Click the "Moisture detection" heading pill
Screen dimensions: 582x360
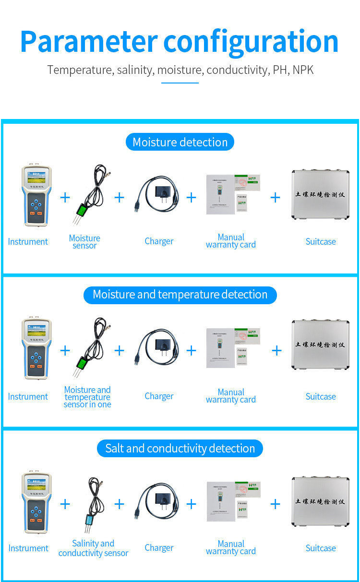pyautogui.click(x=180, y=142)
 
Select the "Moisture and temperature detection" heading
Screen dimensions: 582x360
pyautogui.click(x=180, y=295)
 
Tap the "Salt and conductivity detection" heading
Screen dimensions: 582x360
pyautogui.click(x=180, y=449)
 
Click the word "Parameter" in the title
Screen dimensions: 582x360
pyautogui.click(x=89, y=42)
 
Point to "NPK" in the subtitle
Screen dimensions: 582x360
pyautogui.click(x=303, y=70)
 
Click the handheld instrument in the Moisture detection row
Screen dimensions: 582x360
pyautogui.click(x=36, y=196)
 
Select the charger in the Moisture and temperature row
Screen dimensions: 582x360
pyautogui.click(x=158, y=348)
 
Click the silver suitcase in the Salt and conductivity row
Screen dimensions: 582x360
pyautogui.click(x=320, y=501)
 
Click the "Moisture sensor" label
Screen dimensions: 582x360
pyautogui.click(x=84, y=242)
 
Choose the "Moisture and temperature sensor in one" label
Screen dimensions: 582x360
pyautogui.click(x=87, y=397)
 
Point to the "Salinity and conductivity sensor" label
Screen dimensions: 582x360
pyautogui.click(x=93, y=548)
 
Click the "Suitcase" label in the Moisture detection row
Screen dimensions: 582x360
pyautogui.click(x=321, y=241)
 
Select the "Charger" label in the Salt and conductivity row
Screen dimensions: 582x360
pyautogui.click(x=159, y=547)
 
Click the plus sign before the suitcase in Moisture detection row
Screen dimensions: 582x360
pyautogui.click(x=275, y=197)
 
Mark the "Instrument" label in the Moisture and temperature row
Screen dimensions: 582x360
pyautogui.click(x=28, y=396)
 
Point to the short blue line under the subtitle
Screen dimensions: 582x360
pyautogui.click(x=180, y=83)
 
